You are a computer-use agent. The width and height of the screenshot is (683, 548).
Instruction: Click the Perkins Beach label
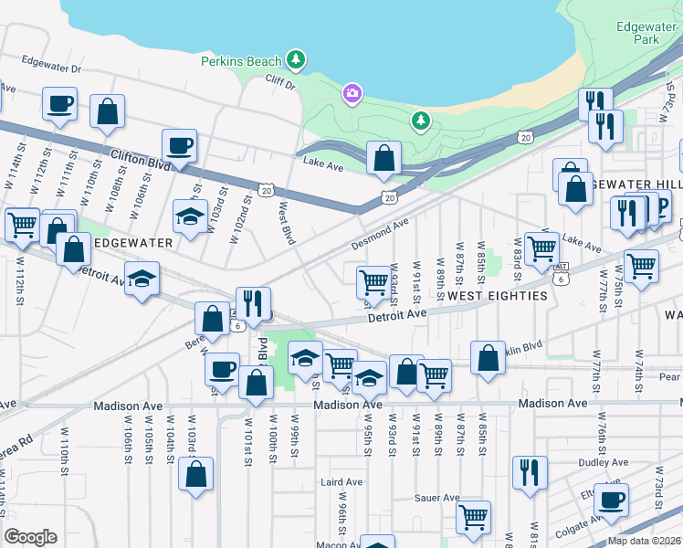[x=242, y=61]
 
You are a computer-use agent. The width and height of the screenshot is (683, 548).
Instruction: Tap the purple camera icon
[x=352, y=93]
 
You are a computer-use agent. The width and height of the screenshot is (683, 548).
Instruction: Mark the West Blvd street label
[x=289, y=223]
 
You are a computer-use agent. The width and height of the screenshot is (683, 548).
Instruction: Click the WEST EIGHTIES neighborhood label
[x=498, y=296]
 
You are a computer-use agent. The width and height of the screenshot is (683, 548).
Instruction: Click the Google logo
[x=30, y=537]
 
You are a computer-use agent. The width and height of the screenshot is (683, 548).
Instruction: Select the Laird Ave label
[x=339, y=480]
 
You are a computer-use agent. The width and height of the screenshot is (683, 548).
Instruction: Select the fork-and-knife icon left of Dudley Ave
[x=530, y=473]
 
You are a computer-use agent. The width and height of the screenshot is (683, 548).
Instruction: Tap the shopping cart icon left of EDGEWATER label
[x=22, y=224]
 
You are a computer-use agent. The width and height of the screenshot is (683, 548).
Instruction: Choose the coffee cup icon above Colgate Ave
[x=611, y=501]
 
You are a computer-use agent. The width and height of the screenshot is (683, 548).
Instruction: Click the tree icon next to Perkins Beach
[x=295, y=60]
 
